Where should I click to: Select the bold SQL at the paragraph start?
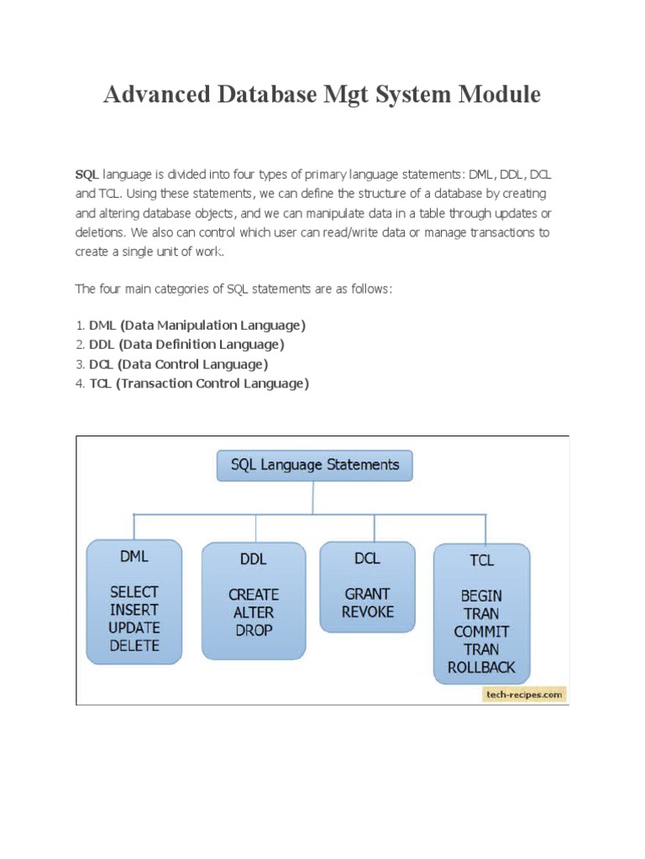pos(87,174)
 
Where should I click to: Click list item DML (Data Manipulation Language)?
pos(197,325)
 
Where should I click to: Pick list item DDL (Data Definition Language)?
pos(186,344)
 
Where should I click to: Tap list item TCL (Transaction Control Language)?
pos(199,383)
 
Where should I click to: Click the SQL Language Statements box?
pos(314,464)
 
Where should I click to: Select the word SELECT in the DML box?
pos(134,591)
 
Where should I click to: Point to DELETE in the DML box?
pos(134,646)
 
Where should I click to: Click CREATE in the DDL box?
pos(254,594)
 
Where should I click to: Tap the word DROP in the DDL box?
pos(254,630)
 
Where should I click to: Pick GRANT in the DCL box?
pos(367,593)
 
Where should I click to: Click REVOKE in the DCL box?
pos(367,612)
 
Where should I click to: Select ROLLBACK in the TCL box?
pos(481,668)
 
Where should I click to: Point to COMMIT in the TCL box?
pos(481,631)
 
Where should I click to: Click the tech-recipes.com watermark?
pos(524,695)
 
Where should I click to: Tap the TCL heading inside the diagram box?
pos(481,560)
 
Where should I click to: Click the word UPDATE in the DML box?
pos(134,627)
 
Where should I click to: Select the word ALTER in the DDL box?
pos(254,612)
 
